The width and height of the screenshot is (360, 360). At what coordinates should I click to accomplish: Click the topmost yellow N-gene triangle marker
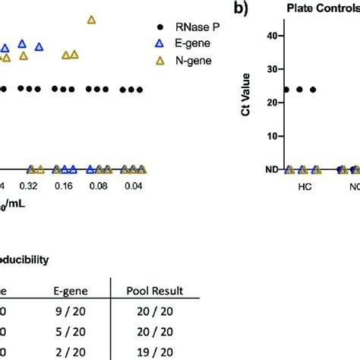(92, 20)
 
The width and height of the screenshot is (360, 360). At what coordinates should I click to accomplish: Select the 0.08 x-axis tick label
(99, 186)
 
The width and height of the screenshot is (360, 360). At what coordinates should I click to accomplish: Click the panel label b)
(243, 9)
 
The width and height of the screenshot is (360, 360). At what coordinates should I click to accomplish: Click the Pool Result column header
(155, 289)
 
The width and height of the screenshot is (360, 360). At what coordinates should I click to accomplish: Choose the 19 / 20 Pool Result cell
(155, 353)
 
